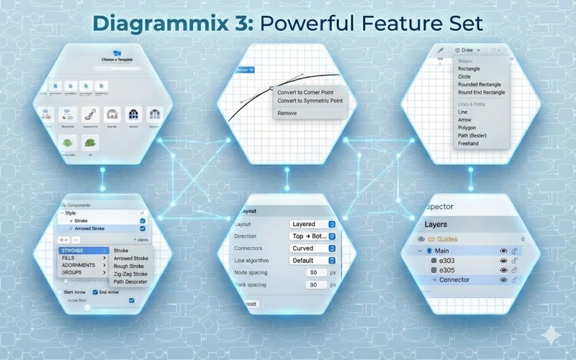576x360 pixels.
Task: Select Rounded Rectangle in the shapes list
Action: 480,85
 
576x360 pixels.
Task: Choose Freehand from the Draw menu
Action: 469,143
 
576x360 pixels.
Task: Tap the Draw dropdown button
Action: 467,50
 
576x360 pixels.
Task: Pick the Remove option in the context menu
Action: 287,113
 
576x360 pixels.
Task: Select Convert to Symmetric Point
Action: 310,101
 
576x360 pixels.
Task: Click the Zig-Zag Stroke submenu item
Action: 131,274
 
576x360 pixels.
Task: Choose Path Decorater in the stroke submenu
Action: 130,282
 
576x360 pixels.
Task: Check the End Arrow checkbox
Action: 96,292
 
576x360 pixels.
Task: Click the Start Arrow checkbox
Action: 60,292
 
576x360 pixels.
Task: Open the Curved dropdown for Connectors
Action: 312,248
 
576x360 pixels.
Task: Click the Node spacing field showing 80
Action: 315,273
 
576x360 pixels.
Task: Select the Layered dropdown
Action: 312,225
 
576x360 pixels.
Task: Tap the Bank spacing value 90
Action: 315,285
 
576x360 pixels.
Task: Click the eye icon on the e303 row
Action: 503,261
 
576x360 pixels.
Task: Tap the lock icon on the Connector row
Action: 516,280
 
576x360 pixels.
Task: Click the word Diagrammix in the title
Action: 171,22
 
